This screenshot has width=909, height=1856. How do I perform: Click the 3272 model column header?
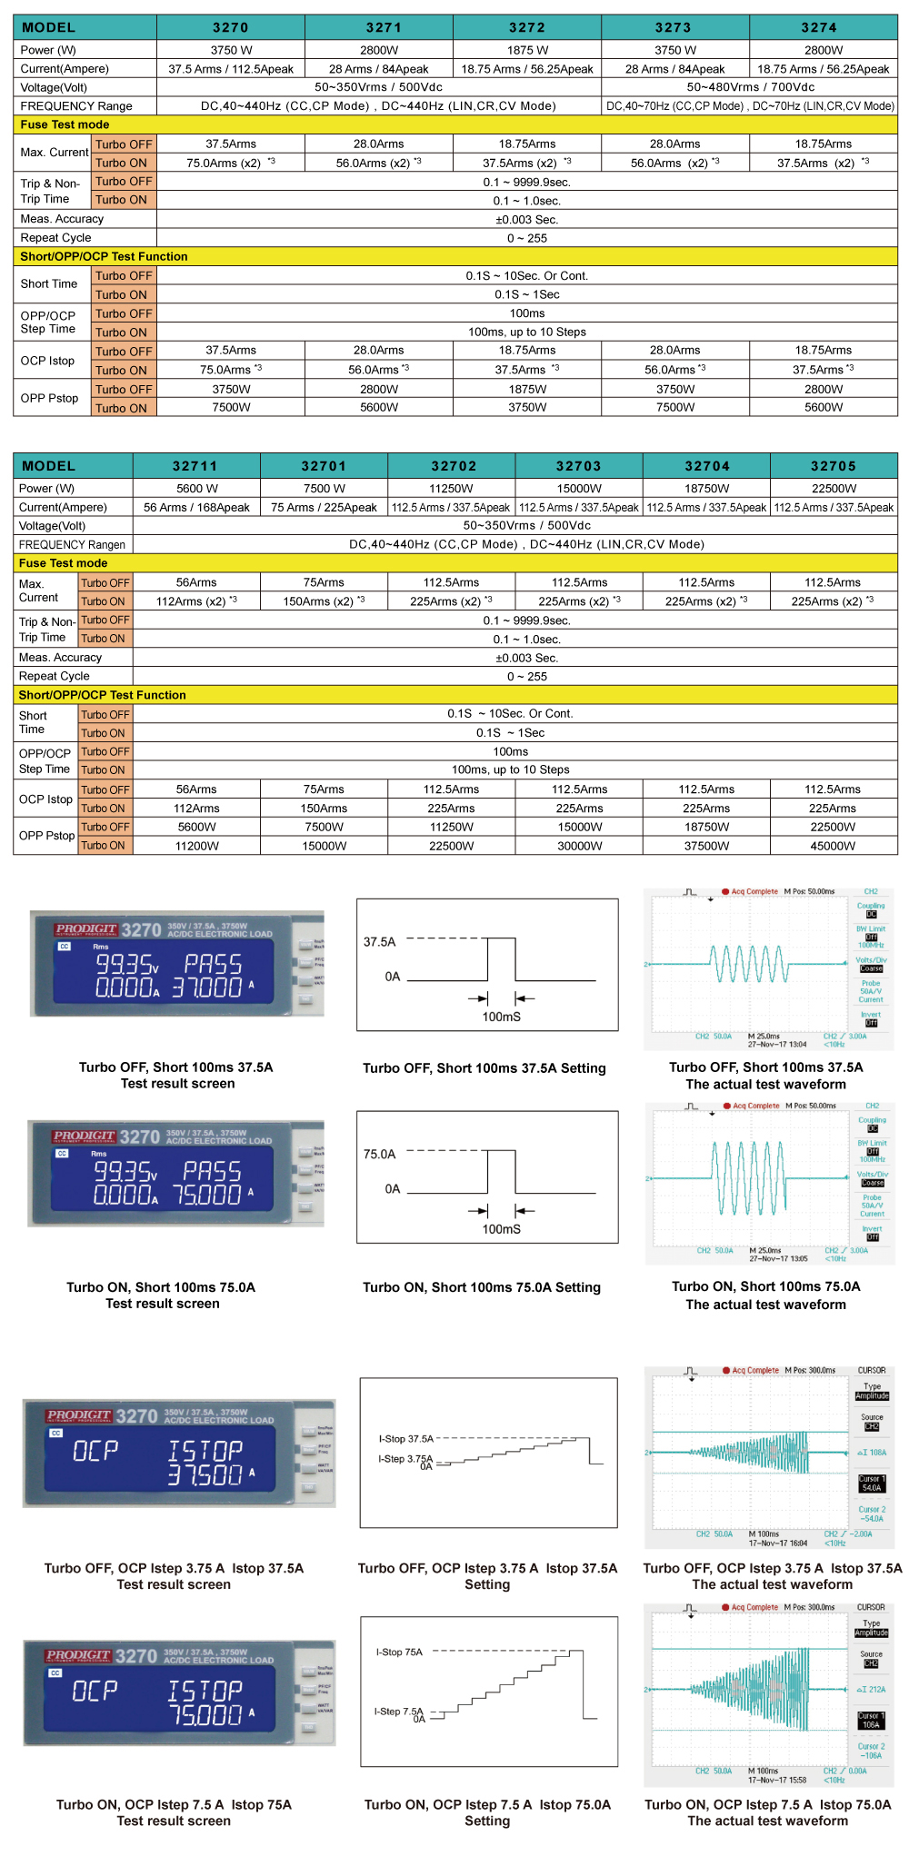527,28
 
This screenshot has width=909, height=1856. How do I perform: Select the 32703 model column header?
579,466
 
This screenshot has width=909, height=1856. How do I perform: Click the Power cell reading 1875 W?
527,50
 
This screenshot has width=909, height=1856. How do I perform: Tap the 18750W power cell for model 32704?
706,488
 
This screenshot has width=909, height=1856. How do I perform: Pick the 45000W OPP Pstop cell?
833,846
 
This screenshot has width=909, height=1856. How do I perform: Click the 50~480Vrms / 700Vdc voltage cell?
750,87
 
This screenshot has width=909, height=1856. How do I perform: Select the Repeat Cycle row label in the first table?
56,238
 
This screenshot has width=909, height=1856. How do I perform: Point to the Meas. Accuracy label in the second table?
60,658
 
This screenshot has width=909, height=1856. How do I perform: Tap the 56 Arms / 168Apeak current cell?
196,508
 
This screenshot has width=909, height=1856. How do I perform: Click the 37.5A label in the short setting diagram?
380,942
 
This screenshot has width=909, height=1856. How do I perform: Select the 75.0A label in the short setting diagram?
380,1155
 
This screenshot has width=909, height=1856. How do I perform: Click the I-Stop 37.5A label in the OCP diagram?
406,1439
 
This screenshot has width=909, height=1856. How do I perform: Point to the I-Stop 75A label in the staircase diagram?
400,1652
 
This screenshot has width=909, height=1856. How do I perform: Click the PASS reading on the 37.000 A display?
213,964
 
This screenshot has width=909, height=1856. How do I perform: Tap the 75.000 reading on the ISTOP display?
205,1714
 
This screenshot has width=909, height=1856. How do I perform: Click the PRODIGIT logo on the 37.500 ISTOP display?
78,1415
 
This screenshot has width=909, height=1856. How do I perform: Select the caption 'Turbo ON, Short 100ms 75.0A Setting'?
482,1287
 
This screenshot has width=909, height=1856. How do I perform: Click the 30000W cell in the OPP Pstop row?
579,846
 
